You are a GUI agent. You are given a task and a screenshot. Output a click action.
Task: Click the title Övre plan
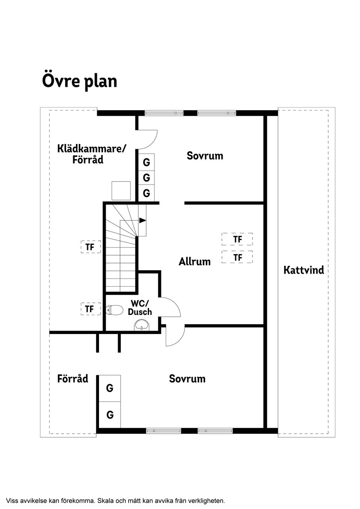[x=79, y=81]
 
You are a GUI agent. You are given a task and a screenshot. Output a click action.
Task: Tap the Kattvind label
[x=304, y=270]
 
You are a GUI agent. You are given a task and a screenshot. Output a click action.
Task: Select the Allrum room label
[x=195, y=261]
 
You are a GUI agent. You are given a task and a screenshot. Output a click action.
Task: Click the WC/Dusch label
[x=140, y=307]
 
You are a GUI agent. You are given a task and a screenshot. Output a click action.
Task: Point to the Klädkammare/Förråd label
[x=91, y=154]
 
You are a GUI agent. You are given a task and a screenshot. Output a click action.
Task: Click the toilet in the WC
[x=115, y=310]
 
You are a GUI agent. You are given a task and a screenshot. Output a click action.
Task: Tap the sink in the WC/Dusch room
[x=141, y=325]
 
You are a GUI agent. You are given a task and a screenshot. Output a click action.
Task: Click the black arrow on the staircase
[x=142, y=220]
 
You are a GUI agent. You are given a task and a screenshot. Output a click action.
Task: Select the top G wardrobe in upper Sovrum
[x=146, y=162]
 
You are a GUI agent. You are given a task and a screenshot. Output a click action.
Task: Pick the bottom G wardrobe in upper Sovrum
[x=146, y=193]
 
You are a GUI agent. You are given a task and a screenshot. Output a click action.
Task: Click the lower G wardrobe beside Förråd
[x=110, y=415]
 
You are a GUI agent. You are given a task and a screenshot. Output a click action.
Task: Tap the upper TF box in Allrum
[x=237, y=239]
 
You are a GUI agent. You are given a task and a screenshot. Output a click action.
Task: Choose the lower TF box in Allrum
[x=237, y=257]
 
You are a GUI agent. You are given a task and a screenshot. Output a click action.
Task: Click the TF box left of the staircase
[x=90, y=247]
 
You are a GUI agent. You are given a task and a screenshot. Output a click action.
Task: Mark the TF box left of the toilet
[x=90, y=309]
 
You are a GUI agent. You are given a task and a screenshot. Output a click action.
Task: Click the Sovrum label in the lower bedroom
[x=187, y=379]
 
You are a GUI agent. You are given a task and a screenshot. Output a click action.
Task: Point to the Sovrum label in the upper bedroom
[x=205, y=156]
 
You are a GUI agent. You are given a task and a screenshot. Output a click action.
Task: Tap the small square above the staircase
[x=121, y=191]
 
